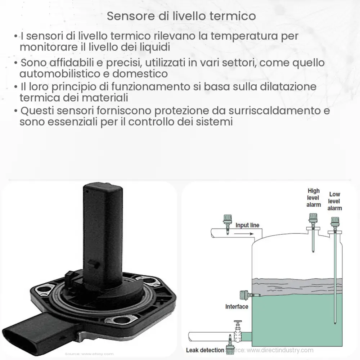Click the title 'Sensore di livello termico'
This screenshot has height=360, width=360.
(181, 16)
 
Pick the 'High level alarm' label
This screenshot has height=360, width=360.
(313, 198)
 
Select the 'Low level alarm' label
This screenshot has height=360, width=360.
(335, 201)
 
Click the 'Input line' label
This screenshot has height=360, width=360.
(247, 225)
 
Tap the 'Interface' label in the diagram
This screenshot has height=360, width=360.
(237, 307)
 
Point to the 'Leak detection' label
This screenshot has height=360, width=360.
(204, 350)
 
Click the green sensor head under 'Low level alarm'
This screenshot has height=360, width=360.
(336, 220)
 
